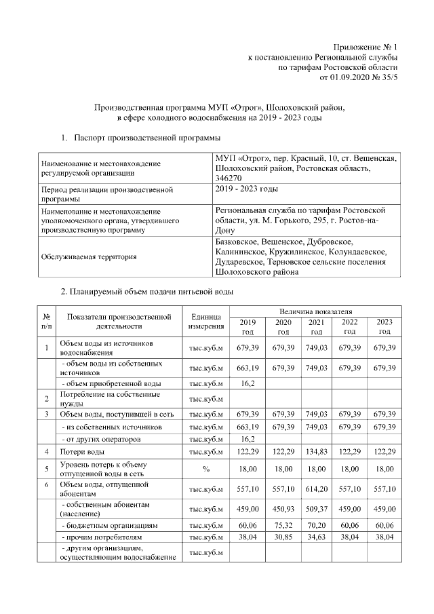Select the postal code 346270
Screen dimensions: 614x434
(x=228, y=177)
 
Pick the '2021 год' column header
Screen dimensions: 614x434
(x=316, y=326)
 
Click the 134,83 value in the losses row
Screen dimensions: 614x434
(x=316, y=451)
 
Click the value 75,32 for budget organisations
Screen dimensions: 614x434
(x=283, y=524)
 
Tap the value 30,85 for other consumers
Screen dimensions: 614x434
(x=283, y=537)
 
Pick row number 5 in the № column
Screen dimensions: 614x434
(x=47, y=467)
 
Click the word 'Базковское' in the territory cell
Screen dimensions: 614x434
(x=237, y=242)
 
